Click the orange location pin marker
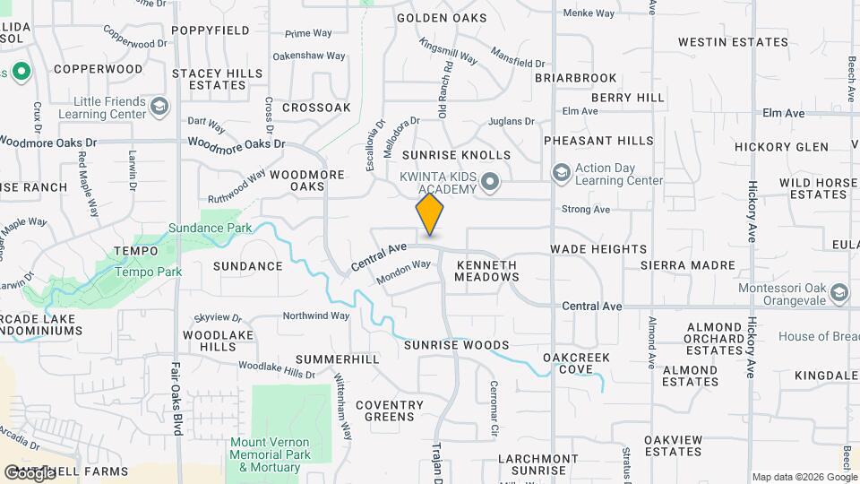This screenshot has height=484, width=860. pyautogui.click(x=430, y=215)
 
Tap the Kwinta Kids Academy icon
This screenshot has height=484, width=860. pyautogui.click(x=490, y=183)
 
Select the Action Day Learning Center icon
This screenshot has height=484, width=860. pyautogui.click(x=561, y=172)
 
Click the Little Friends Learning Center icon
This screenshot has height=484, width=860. pyautogui.click(x=159, y=107)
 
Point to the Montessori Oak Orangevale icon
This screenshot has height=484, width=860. pyautogui.click(x=838, y=293)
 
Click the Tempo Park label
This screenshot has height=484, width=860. pyautogui.click(x=149, y=272)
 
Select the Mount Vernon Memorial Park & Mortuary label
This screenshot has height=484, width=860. pyautogui.click(x=270, y=454)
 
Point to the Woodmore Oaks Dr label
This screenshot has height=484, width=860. pyautogui.click(x=236, y=143)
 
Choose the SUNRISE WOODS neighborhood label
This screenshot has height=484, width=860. pyautogui.click(x=456, y=345)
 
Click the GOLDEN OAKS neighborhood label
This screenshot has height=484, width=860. pyautogui.click(x=442, y=18)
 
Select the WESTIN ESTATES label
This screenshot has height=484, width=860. pyautogui.click(x=727, y=42)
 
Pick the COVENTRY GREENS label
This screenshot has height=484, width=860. pyautogui.click(x=389, y=411)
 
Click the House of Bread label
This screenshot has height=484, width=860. pyautogui.click(x=818, y=336)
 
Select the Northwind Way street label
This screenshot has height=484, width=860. pyautogui.click(x=315, y=315)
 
